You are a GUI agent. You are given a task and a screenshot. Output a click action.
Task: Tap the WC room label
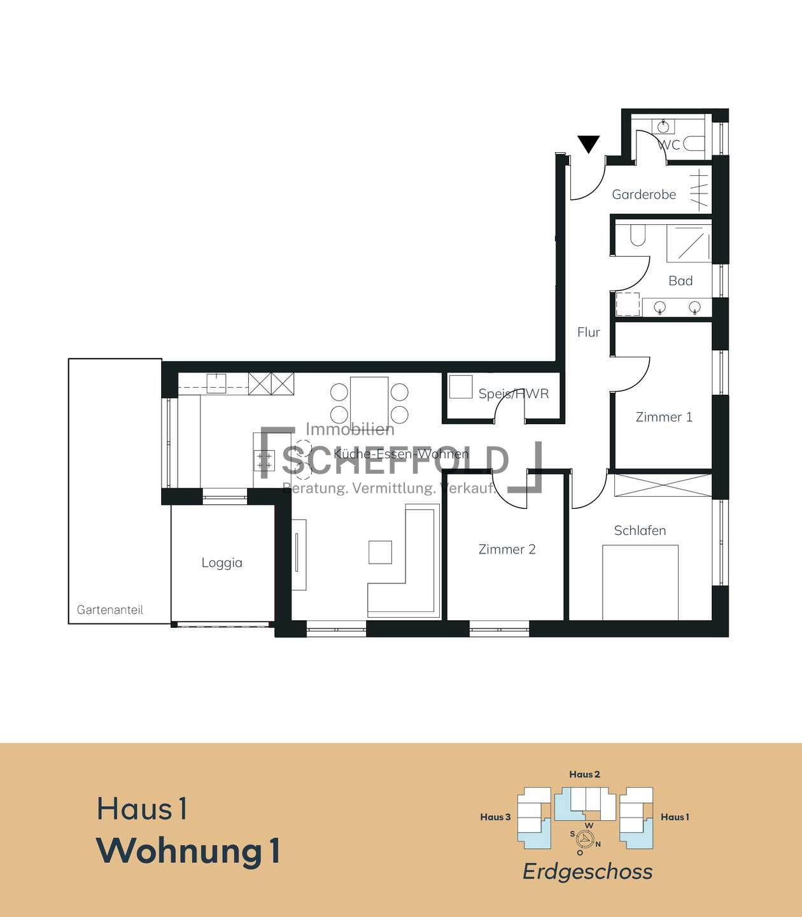(669, 145)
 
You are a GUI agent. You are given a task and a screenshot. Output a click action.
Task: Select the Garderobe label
(644, 194)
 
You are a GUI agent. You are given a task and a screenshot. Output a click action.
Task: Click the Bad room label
(680, 281)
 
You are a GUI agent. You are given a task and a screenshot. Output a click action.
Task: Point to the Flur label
(588, 332)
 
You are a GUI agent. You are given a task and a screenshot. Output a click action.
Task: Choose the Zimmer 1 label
(664, 417)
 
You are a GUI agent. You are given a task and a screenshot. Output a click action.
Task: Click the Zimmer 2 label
(507, 549)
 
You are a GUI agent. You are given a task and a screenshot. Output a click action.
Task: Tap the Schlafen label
(640, 530)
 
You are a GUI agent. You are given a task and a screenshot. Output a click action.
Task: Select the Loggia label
(222, 563)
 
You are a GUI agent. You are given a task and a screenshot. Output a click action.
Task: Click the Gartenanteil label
(109, 609)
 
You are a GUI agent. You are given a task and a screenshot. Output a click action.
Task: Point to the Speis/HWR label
(514, 394)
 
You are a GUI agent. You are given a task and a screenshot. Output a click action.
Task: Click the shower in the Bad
(689, 244)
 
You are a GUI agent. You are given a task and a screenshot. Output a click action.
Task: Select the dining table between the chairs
(369, 402)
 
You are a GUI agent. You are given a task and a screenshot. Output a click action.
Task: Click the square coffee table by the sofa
(380, 552)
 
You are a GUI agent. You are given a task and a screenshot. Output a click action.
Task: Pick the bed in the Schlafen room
(640, 583)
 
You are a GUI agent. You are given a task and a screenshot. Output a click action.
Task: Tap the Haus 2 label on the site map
(584, 774)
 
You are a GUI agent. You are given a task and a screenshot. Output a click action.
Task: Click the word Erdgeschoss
(587, 872)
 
